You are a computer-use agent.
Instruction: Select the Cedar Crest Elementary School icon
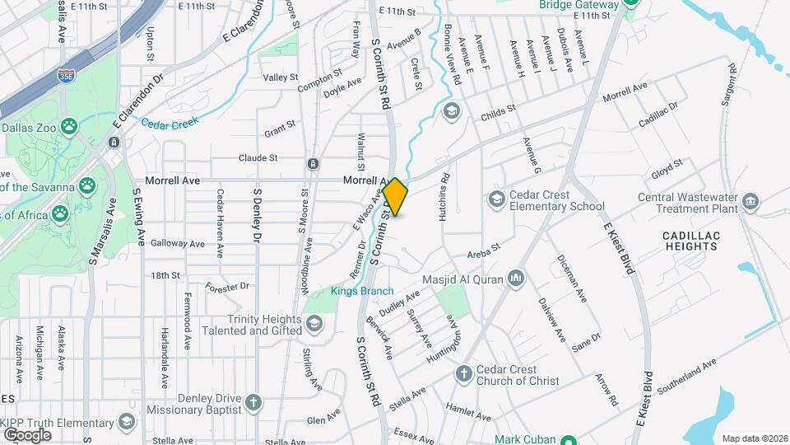click(496, 199)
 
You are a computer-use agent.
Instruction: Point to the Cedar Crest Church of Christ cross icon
click(463, 373)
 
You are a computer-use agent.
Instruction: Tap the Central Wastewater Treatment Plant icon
click(750, 201)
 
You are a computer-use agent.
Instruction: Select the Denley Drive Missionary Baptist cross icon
click(253, 402)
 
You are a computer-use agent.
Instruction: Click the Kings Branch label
click(362, 291)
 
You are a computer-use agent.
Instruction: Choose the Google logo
click(27, 434)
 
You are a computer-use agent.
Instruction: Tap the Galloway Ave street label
click(177, 244)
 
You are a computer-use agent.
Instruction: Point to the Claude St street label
click(258, 157)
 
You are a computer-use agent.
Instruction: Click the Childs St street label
click(498, 109)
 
